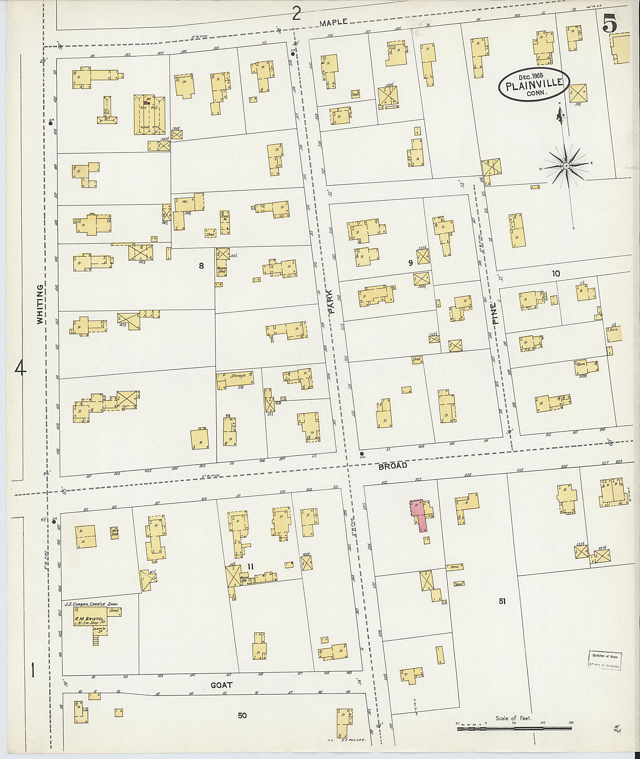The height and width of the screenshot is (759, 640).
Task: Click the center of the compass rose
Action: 566,166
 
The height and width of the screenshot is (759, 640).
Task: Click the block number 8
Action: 201,266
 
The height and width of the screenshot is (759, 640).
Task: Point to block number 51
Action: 502,601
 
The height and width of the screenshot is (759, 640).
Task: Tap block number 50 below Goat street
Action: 242,715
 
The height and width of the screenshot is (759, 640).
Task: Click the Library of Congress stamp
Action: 604,660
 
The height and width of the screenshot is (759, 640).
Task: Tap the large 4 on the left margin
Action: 20,369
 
